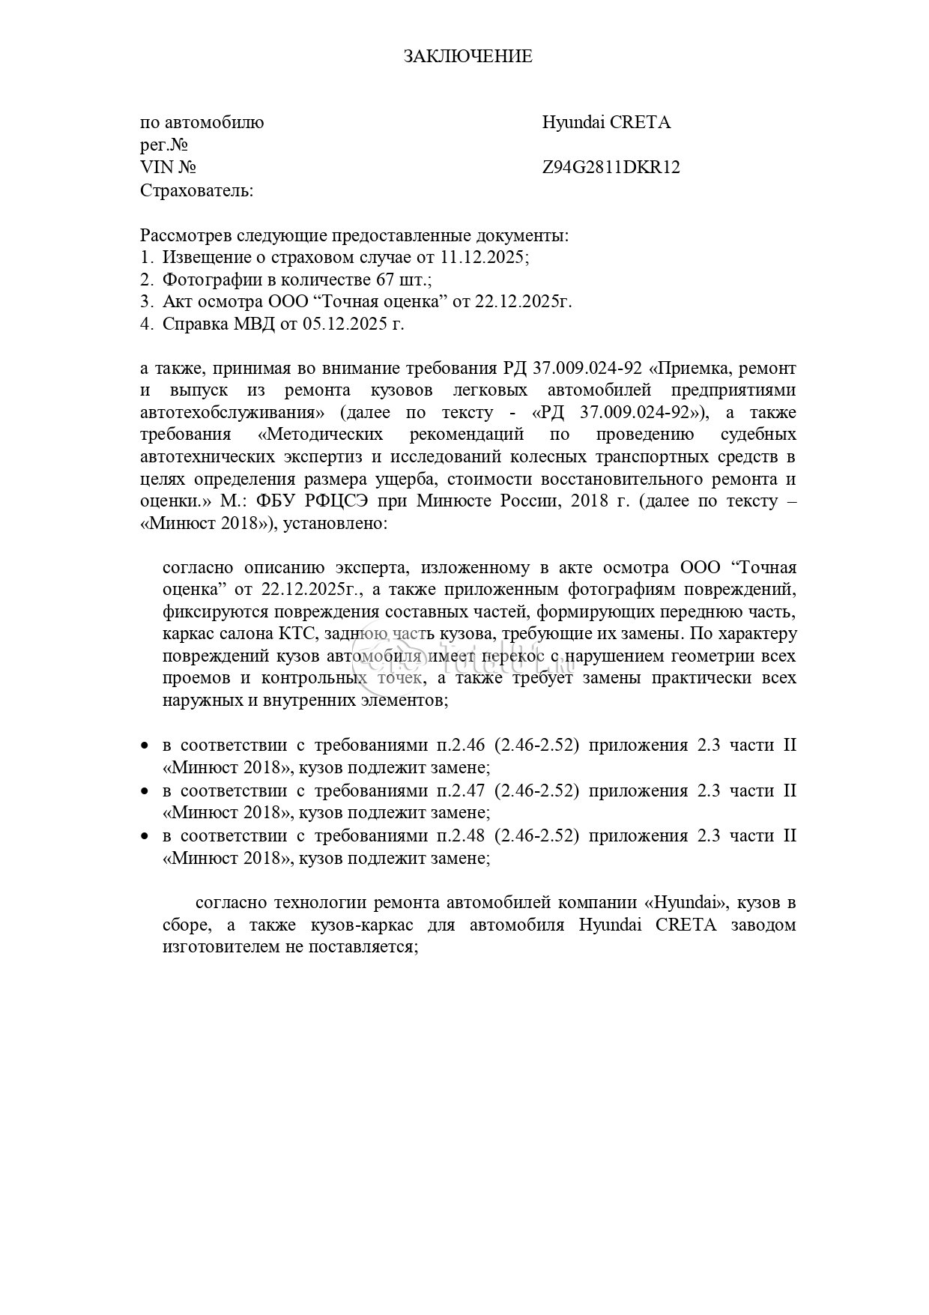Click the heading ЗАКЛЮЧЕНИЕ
(x=467, y=56)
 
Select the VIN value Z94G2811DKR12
(x=611, y=167)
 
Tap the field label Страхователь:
(x=197, y=190)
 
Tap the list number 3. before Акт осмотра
(x=147, y=301)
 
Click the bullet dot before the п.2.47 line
(x=145, y=791)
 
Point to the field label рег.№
(x=163, y=145)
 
